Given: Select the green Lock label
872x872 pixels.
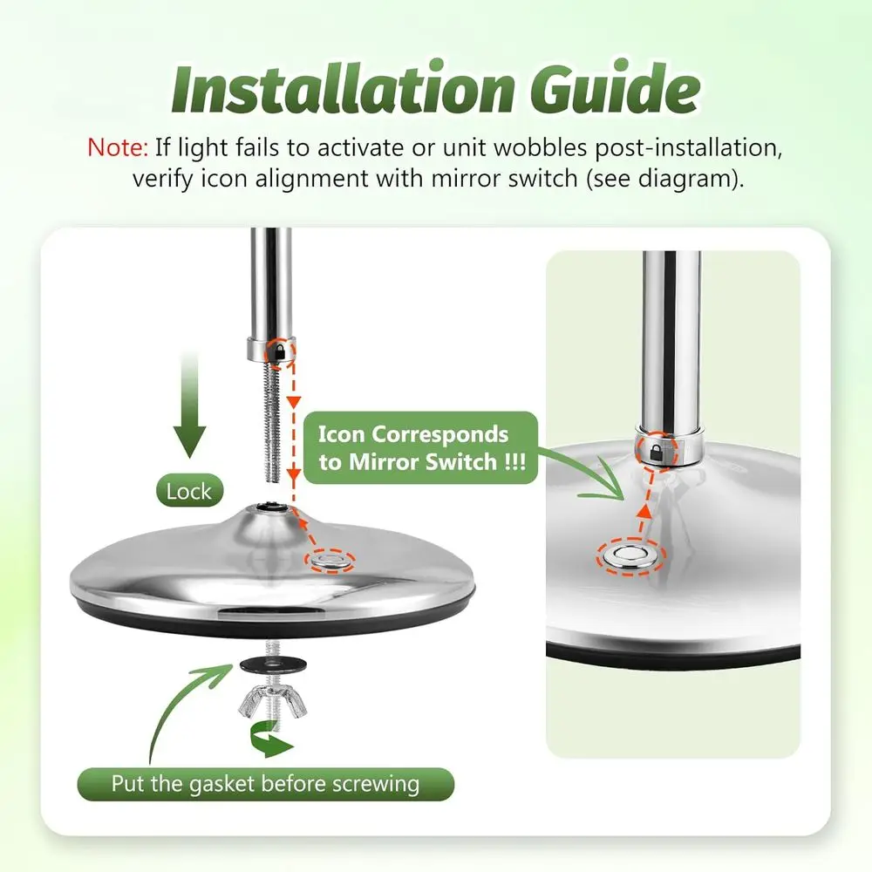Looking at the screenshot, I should tap(189, 491).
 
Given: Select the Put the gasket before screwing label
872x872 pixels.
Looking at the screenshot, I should tap(265, 783).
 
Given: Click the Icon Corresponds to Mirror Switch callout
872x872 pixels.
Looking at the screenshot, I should tap(422, 447).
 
